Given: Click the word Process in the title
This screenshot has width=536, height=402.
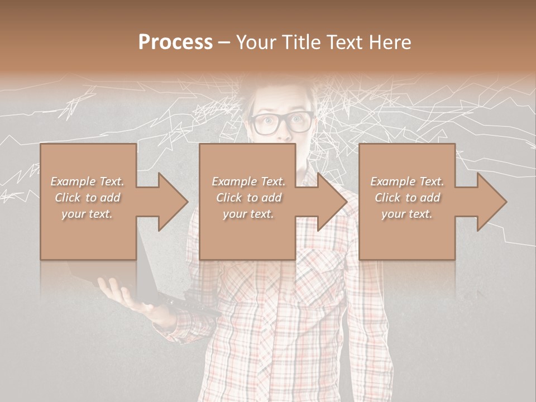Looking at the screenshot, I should [175, 42].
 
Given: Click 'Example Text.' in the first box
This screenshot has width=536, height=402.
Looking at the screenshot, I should [88, 181].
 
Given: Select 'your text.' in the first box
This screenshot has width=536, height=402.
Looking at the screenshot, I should [88, 214].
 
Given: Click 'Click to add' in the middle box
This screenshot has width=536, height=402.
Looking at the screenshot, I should [248, 198].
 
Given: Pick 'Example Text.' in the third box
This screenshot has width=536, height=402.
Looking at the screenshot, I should [407, 181].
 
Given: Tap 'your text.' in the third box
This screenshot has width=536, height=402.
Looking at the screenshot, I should [407, 214].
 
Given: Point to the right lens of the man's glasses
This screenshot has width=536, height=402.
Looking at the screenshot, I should [300, 122].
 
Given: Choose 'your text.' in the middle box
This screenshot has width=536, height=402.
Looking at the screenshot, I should [248, 214].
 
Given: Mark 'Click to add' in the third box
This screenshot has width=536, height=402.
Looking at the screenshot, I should [407, 198].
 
